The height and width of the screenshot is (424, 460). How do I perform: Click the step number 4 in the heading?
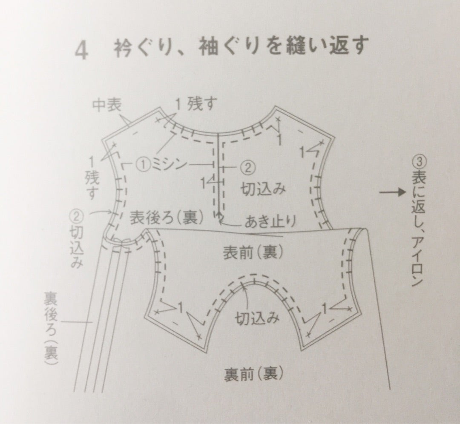(x=81, y=51)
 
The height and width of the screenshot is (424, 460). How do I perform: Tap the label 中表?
(x=107, y=106)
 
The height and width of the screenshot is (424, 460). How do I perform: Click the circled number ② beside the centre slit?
(x=248, y=167)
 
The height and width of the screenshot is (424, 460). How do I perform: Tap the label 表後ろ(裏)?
(x=167, y=218)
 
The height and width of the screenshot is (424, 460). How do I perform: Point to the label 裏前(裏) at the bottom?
(x=254, y=373)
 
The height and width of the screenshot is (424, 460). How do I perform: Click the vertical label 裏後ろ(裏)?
(x=51, y=328)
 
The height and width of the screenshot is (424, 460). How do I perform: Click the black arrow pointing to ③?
(x=392, y=192)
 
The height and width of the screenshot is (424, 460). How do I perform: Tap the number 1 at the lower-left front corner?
(x=180, y=308)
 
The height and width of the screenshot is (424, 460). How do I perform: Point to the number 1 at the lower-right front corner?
(x=324, y=308)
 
